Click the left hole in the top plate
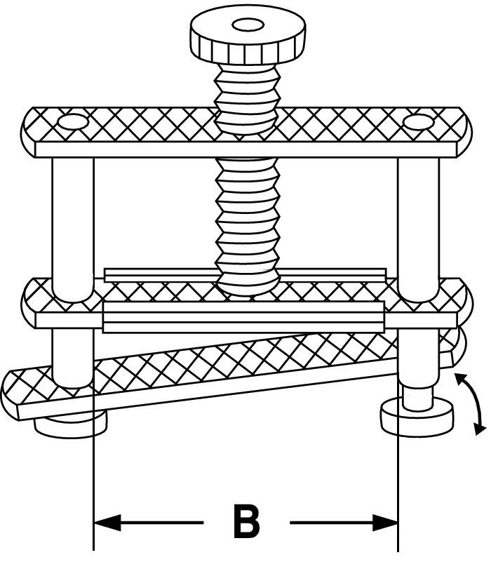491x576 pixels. click(x=71, y=123)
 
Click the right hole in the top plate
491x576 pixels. click(x=419, y=123)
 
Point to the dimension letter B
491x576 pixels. click(x=245, y=522)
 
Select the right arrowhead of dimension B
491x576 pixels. click(x=385, y=522)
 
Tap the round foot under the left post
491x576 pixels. click(x=70, y=424)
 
